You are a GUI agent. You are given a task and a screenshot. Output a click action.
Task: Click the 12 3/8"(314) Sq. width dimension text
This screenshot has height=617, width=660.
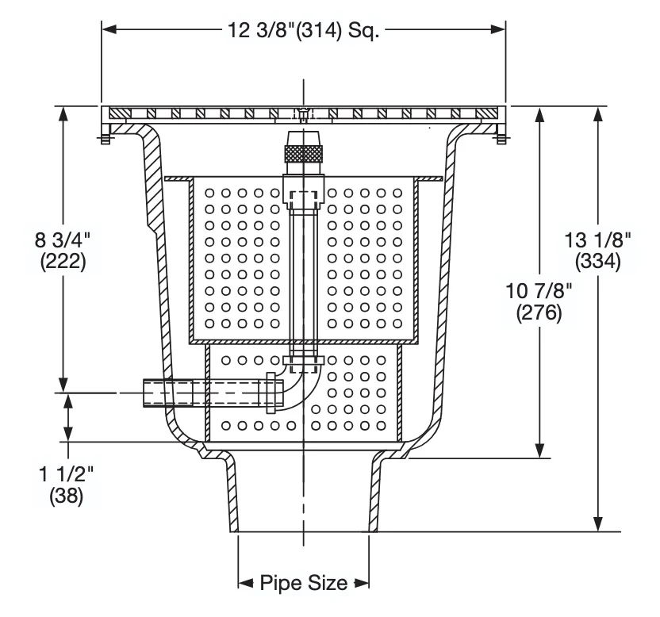303,30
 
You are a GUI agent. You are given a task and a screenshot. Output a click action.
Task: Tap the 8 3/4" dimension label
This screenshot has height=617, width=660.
63,240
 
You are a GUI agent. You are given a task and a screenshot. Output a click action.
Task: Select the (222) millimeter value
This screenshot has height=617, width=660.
63,262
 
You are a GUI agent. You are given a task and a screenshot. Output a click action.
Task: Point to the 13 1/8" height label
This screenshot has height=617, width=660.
597,240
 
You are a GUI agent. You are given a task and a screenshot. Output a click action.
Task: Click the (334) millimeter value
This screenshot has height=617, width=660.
597,262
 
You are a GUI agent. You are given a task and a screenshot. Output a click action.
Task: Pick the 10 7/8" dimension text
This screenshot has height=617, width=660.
539,291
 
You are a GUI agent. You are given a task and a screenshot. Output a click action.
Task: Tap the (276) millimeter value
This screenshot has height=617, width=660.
539,312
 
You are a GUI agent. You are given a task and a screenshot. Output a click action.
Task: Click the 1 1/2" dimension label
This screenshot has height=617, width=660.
66,474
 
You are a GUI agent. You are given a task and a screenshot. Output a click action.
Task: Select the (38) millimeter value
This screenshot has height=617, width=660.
67,496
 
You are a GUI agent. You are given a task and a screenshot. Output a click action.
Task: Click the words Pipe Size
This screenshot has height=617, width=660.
304,583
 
